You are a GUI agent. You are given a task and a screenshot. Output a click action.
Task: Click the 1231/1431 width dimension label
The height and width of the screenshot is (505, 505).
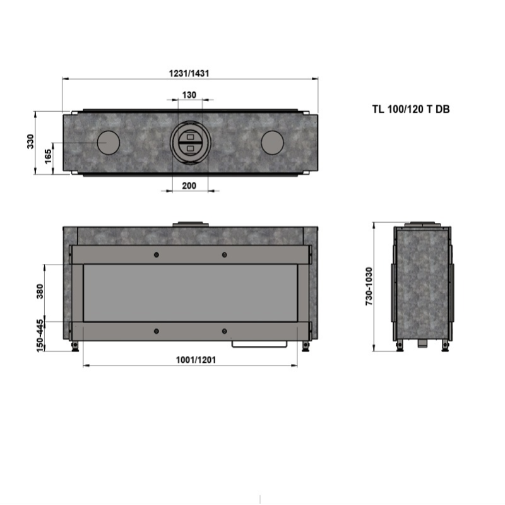[189, 73]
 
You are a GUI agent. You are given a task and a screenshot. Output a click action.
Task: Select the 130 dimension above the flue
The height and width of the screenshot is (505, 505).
[189, 95]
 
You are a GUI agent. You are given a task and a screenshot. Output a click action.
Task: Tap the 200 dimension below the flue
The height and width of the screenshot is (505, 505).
[189, 186]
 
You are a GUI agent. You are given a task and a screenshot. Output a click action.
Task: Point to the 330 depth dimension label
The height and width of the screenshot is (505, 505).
[30, 141]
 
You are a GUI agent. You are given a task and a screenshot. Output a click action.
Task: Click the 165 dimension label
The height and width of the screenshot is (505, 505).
[48, 156]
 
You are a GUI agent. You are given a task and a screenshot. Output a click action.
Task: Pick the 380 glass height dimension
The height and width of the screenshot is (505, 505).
[39, 292]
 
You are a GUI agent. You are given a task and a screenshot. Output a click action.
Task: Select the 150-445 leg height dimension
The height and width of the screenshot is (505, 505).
[40, 336]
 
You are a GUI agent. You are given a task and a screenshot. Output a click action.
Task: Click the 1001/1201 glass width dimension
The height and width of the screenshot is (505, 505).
[196, 360]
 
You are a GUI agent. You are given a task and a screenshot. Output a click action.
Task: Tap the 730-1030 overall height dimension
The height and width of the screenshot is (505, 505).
[369, 287]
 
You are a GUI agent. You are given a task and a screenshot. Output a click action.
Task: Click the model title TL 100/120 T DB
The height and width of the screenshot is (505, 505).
[411, 109]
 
